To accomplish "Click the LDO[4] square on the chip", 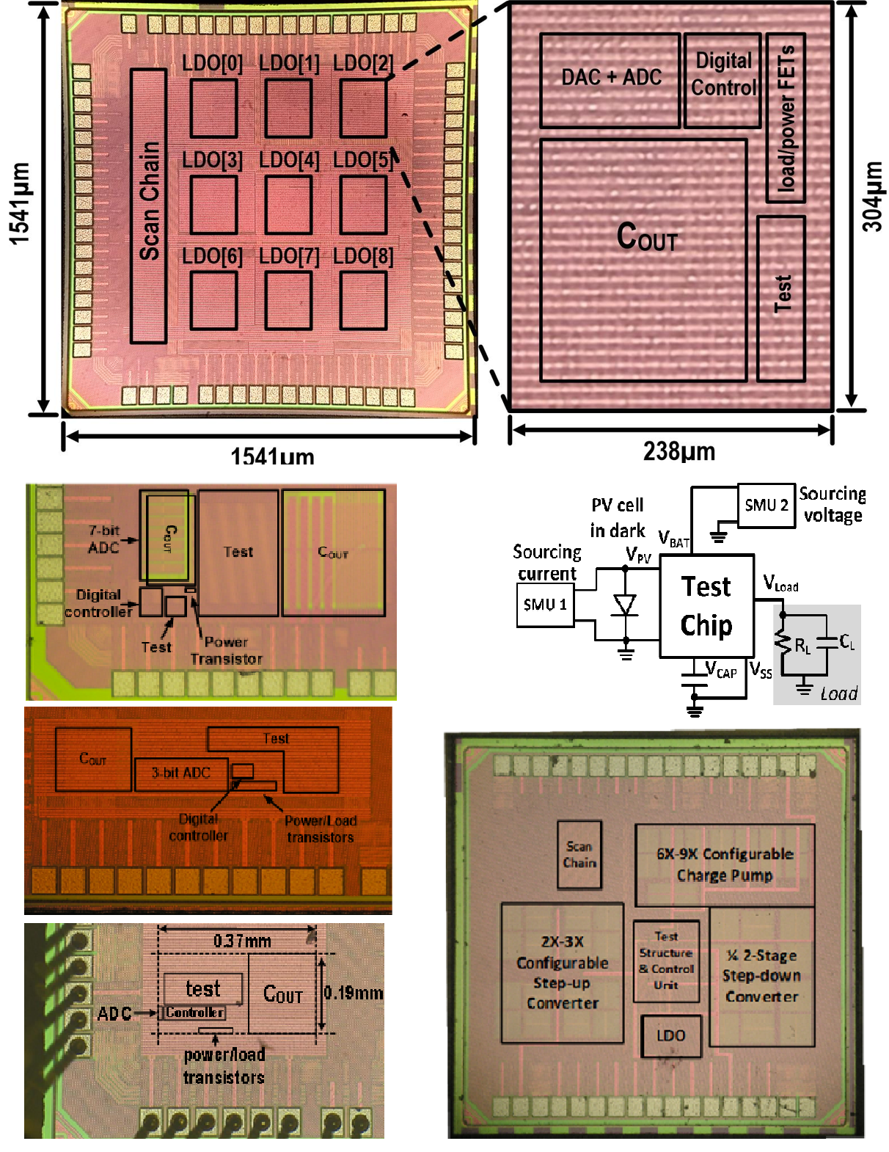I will click(x=288, y=205).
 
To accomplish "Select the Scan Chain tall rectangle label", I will click(x=149, y=205).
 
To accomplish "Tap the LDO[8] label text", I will click(x=363, y=256).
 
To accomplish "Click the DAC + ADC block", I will click(x=610, y=79).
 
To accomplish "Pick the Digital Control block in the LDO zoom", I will click(x=722, y=79).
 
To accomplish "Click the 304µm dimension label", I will click(x=872, y=197).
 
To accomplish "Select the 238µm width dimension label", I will click(x=679, y=451).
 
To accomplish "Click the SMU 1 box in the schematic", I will click(x=544, y=605).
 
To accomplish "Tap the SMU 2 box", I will click(x=766, y=505).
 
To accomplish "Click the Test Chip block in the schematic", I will click(x=706, y=605).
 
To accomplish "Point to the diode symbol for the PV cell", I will click(x=625, y=605).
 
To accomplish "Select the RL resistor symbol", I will click(x=783, y=644).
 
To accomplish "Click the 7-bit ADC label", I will click(x=103, y=539).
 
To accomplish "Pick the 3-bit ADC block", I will click(x=181, y=773).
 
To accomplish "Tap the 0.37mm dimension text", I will click(x=242, y=940).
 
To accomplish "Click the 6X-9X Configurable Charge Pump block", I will click(x=724, y=864).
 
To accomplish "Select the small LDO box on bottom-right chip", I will click(x=670, y=1035).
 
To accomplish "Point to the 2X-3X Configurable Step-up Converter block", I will click(x=562, y=972).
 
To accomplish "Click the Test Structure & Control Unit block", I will click(x=666, y=961).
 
